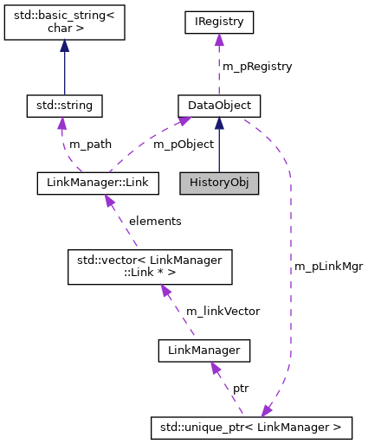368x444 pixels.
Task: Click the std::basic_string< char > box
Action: (x=64, y=22)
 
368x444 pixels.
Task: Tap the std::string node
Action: (x=64, y=106)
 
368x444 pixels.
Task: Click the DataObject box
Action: (x=219, y=106)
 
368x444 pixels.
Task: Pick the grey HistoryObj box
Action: (x=219, y=183)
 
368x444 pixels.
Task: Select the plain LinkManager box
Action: (x=204, y=351)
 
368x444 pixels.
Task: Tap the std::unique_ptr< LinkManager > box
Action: (x=251, y=426)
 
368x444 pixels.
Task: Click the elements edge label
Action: (x=155, y=221)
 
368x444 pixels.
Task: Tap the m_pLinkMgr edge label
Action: (x=328, y=267)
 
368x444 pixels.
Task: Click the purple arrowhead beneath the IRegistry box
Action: (x=219, y=40)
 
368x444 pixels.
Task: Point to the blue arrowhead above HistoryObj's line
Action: (x=219, y=124)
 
